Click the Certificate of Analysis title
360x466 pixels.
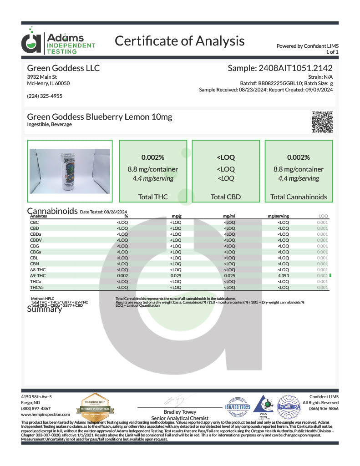[179, 41]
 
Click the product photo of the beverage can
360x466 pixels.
[69, 171]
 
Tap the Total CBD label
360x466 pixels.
[226, 197]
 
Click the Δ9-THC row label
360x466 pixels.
[39, 275]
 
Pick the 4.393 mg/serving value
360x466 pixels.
[283, 275]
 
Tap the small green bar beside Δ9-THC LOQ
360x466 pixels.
[330, 275]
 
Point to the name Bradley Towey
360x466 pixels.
[179, 412]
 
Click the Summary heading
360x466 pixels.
[44, 309]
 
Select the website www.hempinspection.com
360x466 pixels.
[46, 415]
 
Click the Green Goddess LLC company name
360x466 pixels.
[63, 68]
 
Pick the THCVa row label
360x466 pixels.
[37, 288]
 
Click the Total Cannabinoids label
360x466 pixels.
[299, 197]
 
